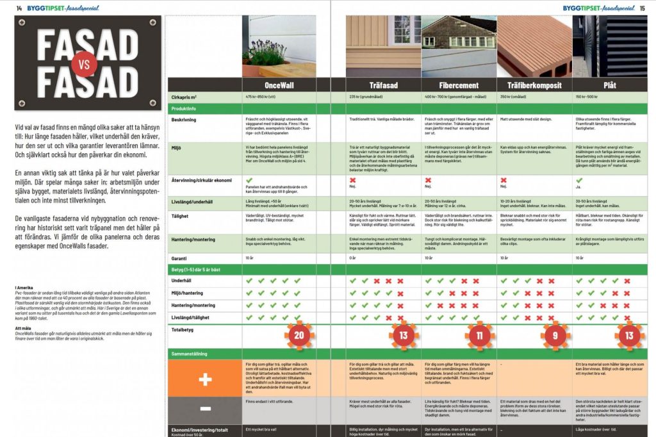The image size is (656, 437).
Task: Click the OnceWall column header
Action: tap(279, 85)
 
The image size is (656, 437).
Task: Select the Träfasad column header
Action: tap(384, 85)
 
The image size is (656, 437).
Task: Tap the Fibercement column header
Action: tap(459, 85)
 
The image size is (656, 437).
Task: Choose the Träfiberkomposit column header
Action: tap(534, 85)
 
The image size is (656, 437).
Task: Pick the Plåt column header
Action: tap(610, 85)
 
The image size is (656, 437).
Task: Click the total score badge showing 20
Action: tap(299, 335)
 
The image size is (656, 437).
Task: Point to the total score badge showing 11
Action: tap(480, 335)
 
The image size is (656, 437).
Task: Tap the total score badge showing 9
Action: tap(555, 335)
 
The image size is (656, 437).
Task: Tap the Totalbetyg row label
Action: tap(183, 330)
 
